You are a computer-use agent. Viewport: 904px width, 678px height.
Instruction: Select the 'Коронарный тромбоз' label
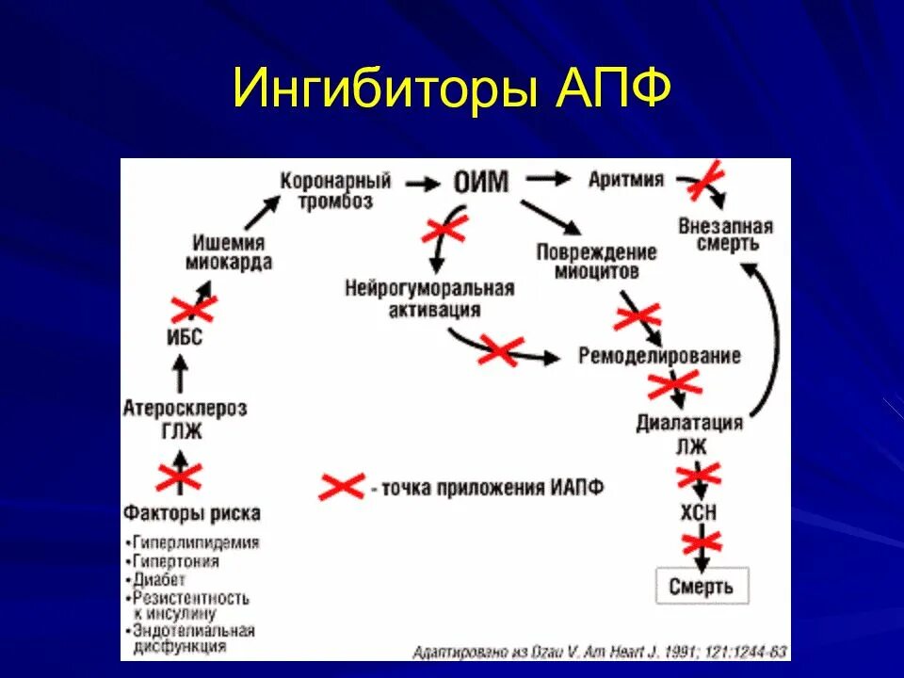[335, 191]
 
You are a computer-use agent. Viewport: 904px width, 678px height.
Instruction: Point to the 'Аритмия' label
[625, 179]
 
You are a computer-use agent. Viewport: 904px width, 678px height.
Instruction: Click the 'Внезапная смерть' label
[725, 234]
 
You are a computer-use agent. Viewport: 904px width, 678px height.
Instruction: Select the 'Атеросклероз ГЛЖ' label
[185, 420]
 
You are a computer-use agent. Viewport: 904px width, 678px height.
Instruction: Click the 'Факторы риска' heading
[191, 513]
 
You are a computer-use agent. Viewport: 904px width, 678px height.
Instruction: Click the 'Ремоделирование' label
[659, 356]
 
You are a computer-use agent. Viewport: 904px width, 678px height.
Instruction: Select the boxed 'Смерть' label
[702, 586]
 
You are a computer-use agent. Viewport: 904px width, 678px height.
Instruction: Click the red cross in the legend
[341, 487]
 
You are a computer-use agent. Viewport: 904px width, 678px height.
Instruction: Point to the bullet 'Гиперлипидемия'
[195, 543]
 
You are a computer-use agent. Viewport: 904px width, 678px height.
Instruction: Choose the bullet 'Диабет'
[159, 579]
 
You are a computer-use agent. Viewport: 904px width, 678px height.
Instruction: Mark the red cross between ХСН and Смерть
[701, 542]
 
